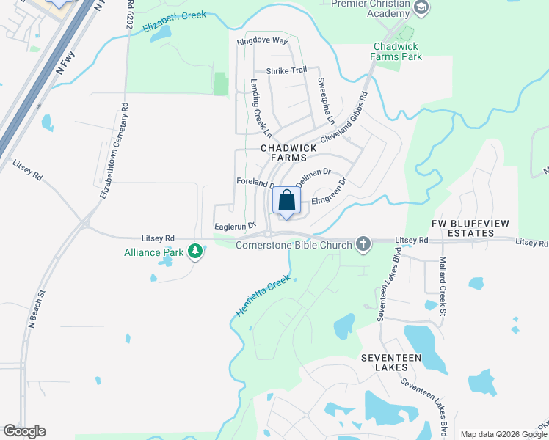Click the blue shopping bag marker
(287, 201)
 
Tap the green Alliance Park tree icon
(194, 252)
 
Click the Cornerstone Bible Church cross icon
(363, 244)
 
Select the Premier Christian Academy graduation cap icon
(421, 8)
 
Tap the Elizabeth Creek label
(175, 23)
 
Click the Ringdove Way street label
(262, 42)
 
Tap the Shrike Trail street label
(286, 70)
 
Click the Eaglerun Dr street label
(233, 226)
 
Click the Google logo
(24, 431)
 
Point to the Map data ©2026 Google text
(503, 434)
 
